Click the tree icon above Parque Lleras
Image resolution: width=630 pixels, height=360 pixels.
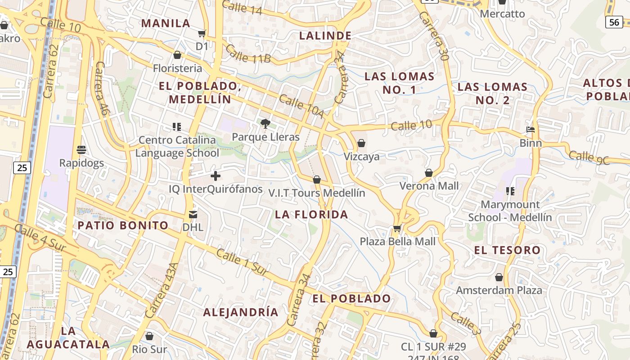pyautogui.click(x=265, y=123)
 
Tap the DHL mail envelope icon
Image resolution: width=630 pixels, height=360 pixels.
pyautogui.click(x=193, y=214)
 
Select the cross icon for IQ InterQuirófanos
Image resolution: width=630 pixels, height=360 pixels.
pyautogui.click(x=216, y=175)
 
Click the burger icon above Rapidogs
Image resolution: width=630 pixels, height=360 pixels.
pyautogui.click(x=81, y=149)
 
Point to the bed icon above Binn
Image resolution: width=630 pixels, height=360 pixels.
pyautogui.click(x=531, y=130)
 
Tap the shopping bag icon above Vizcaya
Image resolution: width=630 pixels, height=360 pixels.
pyautogui.click(x=361, y=143)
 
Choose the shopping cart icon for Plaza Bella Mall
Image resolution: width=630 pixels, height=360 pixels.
pyautogui.click(x=397, y=228)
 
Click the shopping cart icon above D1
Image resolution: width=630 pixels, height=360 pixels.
pyautogui.click(x=202, y=33)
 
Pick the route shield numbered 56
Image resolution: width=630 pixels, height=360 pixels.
pyautogui.click(x=614, y=22)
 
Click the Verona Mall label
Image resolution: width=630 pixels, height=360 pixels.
pyautogui.click(x=429, y=186)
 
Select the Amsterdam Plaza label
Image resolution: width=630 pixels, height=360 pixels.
pyautogui.click(x=499, y=290)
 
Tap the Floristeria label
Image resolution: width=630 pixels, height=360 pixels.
pyautogui.click(x=177, y=68)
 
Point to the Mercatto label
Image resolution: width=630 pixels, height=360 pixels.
pyautogui.click(x=502, y=14)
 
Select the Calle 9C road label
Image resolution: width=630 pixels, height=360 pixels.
pyautogui.click(x=589, y=157)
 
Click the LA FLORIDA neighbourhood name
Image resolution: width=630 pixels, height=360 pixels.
pyautogui.click(x=311, y=215)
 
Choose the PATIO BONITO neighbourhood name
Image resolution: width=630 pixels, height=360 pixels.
pyautogui.click(x=123, y=225)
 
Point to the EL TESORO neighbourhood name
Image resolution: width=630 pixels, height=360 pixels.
pyautogui.click(x=507, y=250)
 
